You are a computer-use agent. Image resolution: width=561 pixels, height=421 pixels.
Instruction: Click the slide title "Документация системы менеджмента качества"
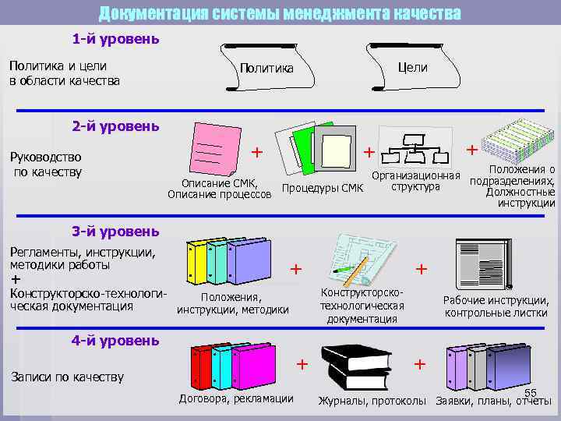280,13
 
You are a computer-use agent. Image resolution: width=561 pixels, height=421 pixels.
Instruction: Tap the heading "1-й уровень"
116,38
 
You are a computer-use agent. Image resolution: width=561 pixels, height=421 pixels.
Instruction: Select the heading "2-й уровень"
116,126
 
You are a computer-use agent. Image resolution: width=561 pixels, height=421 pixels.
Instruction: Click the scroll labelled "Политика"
266,68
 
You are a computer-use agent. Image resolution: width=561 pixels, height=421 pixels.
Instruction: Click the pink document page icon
211,148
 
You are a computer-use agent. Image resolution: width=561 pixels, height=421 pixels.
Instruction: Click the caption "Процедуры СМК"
323,188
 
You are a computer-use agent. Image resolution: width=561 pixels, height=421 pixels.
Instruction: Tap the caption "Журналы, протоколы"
372,401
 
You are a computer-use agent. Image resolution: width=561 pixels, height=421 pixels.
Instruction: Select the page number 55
531,392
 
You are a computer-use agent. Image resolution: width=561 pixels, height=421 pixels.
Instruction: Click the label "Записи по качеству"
66,377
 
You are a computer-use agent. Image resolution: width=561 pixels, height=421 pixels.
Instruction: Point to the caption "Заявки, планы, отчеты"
494,401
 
